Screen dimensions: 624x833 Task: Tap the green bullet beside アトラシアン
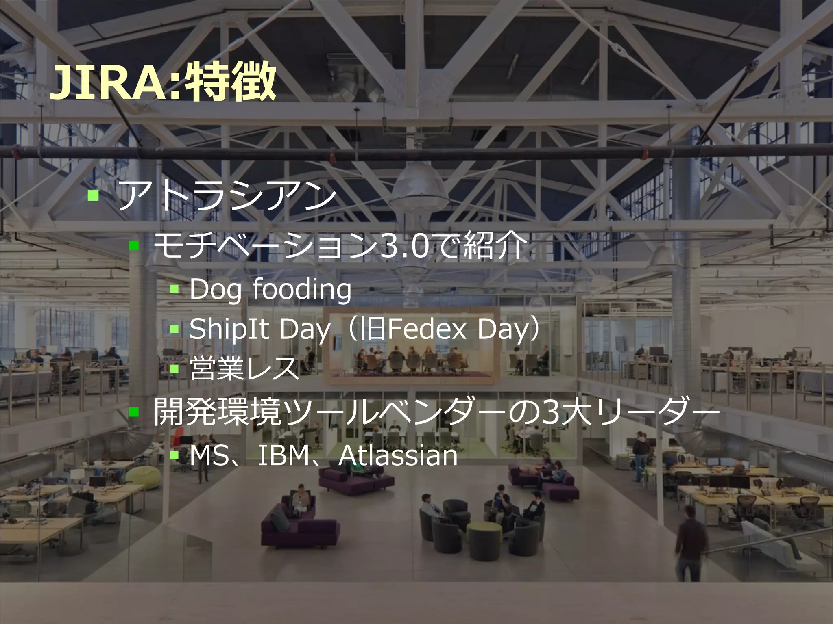(93, 195)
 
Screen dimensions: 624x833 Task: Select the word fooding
(302, 289)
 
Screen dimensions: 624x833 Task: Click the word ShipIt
(229, 329)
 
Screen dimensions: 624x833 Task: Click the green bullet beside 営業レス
(174, 369)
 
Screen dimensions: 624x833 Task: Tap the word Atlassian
(398, 456)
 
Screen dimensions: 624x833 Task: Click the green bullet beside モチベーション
(134, 246)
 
